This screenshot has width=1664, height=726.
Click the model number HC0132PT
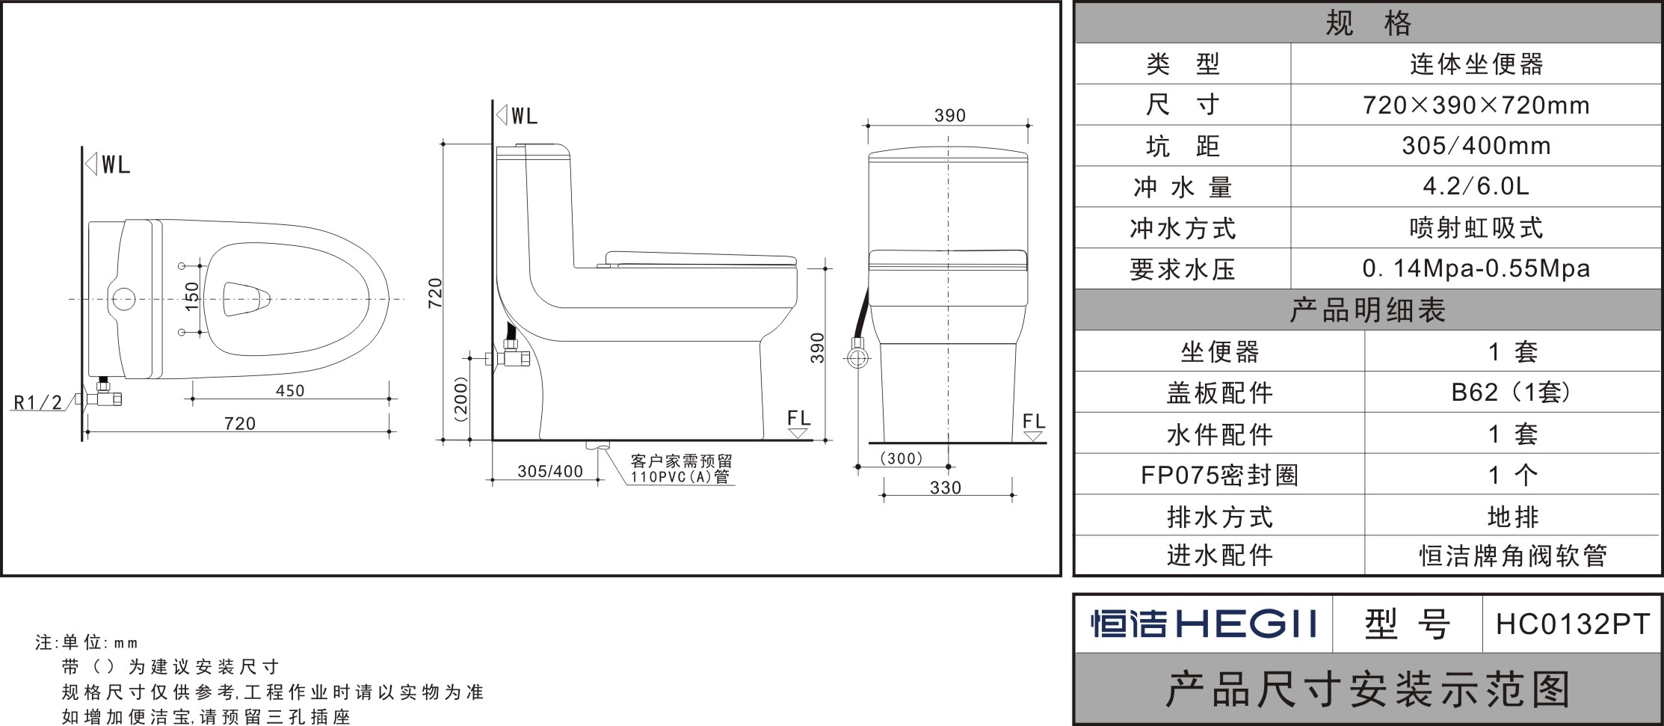1572,624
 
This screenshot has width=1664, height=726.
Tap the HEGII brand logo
1204,624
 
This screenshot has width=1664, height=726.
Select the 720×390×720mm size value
1476,105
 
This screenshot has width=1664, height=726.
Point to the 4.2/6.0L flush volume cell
1476,186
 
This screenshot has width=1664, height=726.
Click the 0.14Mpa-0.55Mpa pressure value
1476,268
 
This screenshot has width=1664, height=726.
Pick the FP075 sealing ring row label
1219,475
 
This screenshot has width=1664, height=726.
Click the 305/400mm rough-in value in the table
1476,146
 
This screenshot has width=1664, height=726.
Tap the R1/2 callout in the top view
38,403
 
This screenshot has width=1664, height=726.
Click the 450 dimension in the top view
290,390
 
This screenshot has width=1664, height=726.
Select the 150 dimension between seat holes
192,297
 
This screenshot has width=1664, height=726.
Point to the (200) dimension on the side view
461,399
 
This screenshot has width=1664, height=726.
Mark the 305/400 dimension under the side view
550,472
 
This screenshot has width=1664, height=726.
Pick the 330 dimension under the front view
946,487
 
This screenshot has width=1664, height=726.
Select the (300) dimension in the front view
902,458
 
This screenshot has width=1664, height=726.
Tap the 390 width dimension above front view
949,116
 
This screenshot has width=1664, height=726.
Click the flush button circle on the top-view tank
123,299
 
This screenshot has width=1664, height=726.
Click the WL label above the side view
524,117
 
